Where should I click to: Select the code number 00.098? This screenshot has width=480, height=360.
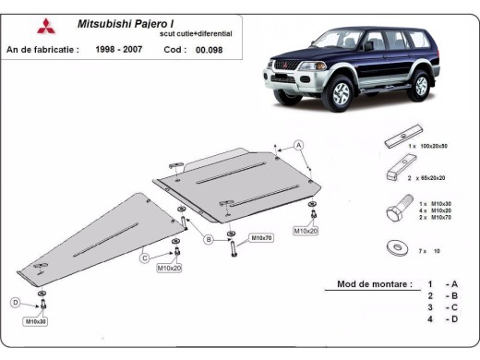click(209, 49)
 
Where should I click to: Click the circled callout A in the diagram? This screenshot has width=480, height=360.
click(299, 145)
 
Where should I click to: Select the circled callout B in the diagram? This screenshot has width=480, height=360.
click(209, 240)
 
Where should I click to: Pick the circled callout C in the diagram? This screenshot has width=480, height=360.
click(144, 258)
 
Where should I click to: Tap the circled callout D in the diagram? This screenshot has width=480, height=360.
click(15, 302)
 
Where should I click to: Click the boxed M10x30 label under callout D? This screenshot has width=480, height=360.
click(36, 321)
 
